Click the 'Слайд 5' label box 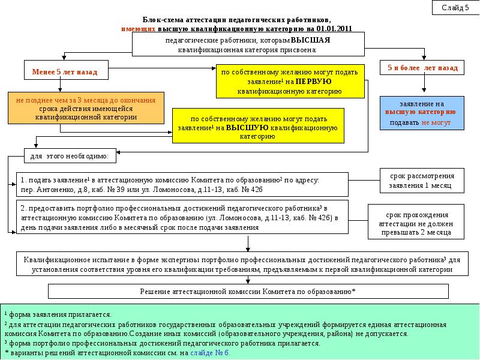tap(455, 8)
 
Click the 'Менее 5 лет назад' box tap(66, 70)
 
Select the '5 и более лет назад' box tap(422, 68)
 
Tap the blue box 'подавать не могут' tap(422, 113)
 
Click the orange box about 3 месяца tap(86, 108)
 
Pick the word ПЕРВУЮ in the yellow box tap(313, 82)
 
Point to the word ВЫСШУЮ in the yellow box tap(247, 128)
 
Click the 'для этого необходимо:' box tap(70, 156)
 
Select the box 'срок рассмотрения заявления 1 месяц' tap(422, 181)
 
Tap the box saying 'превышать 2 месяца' tap(416, 221)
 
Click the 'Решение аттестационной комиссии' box tap(248, 291)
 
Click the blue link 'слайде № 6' tap(209, 353)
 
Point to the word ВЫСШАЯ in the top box tap(310, 40)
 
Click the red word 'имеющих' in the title tap(139, 29)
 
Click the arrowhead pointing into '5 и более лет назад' tap(424, 58)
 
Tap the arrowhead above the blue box tap(424, 89)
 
